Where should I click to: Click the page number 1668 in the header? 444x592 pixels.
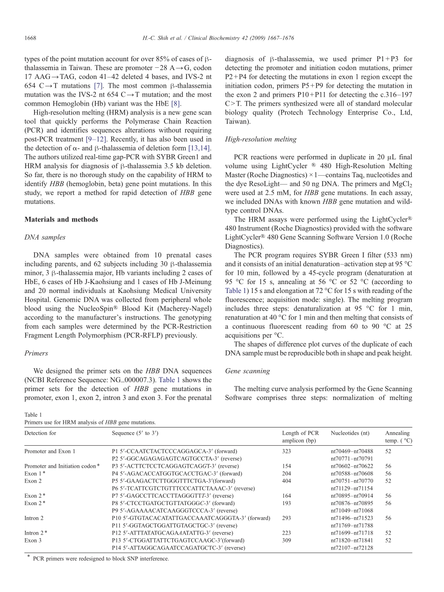coord(30,38)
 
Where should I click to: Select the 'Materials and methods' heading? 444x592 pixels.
coord(61,220)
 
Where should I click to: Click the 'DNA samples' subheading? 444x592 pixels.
coord(45,237)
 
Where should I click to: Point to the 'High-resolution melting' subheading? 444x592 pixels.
coord(261,139)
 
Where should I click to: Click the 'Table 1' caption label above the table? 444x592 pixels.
coord(33,414)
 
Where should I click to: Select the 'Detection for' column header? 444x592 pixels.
coord(40,433)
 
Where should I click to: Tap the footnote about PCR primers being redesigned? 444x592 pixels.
coord(100,558)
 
